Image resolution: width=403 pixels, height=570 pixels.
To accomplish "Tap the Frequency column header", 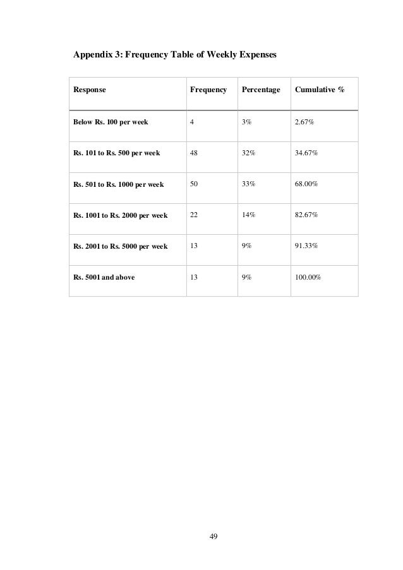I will [208, 91].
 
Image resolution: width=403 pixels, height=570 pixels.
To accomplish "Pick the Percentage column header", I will [259, 91].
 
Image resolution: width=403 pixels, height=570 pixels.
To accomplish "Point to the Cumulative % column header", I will [319, 91].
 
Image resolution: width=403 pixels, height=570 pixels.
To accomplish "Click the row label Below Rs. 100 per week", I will [111, 122].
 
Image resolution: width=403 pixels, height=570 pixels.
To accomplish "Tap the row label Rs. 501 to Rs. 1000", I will [118, 184].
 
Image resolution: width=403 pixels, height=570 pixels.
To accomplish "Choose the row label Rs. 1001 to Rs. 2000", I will [120, 215].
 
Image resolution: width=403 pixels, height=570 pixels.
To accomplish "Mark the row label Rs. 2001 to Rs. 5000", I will [120, 246].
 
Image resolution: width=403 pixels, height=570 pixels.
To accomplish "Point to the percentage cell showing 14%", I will [246, 215].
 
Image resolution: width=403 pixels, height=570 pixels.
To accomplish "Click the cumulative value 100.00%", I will [308, 277].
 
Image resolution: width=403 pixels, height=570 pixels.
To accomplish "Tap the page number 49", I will [214, 536].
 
